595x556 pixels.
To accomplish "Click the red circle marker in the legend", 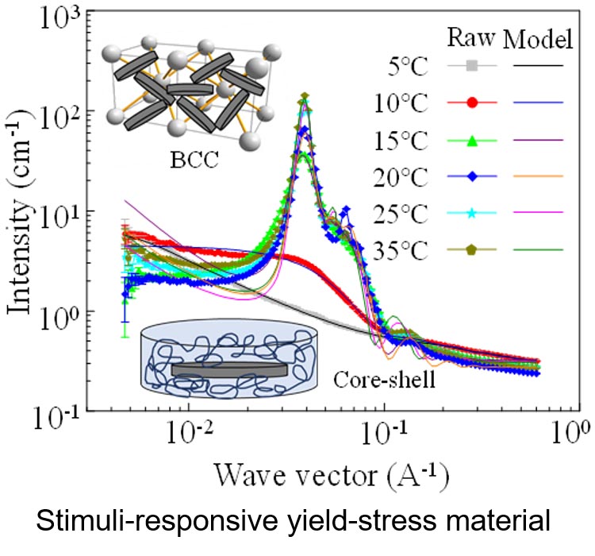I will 471,102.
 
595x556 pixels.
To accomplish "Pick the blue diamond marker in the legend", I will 471,176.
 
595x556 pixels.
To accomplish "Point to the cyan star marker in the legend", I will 471,213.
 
